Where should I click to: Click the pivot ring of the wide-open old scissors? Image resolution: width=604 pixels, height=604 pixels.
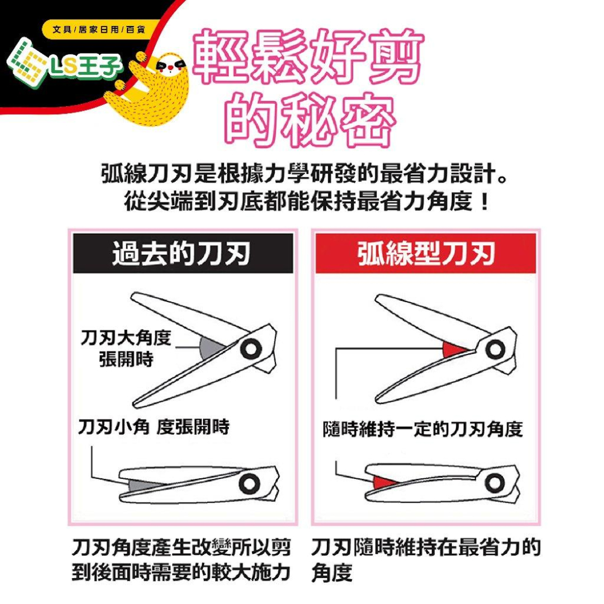click(249, 349)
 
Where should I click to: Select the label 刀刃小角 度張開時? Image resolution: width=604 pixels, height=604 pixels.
click(154, 428)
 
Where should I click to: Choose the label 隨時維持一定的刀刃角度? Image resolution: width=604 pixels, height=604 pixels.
click(423, 429)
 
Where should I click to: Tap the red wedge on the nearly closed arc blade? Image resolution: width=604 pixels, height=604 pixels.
click(382, 481)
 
